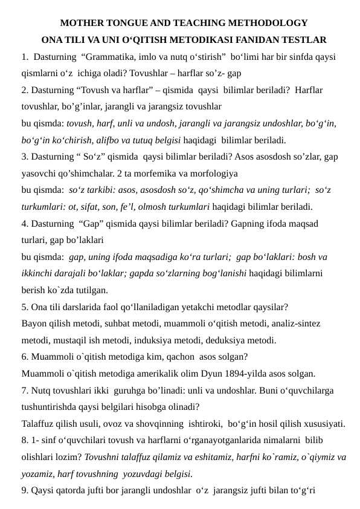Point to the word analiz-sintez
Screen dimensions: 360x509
pyautogui.click(x=295, y=323)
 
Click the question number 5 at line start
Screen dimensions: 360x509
pyautogui.click(x=24, y=306)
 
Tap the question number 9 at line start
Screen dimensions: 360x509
pyautogui.click(x=24, y=490)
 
